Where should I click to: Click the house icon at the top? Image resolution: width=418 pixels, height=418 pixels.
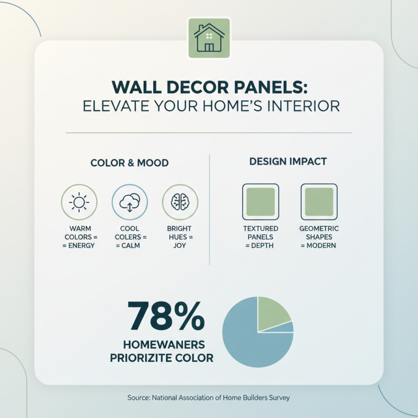point(208,38)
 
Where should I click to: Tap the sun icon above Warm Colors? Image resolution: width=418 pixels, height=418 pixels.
point(79,202)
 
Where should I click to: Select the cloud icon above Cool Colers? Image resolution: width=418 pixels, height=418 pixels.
point(130,202)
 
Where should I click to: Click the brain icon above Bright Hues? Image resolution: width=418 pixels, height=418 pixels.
point(179,202)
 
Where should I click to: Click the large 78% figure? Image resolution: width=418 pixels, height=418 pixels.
point(166,316)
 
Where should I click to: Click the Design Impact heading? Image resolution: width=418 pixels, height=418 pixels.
point(288,161)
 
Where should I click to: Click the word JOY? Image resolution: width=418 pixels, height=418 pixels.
point(179,246)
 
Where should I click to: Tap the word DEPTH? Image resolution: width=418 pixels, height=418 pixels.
point(263,246)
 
